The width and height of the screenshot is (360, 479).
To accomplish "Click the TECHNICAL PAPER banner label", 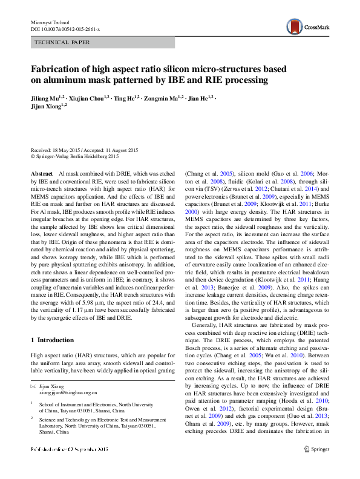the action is point(63,43).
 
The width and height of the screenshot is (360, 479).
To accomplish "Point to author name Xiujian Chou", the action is point(85,97).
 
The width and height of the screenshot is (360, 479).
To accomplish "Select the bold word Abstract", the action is point(42,173).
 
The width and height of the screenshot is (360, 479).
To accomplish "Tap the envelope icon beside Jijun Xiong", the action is point(34,386).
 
